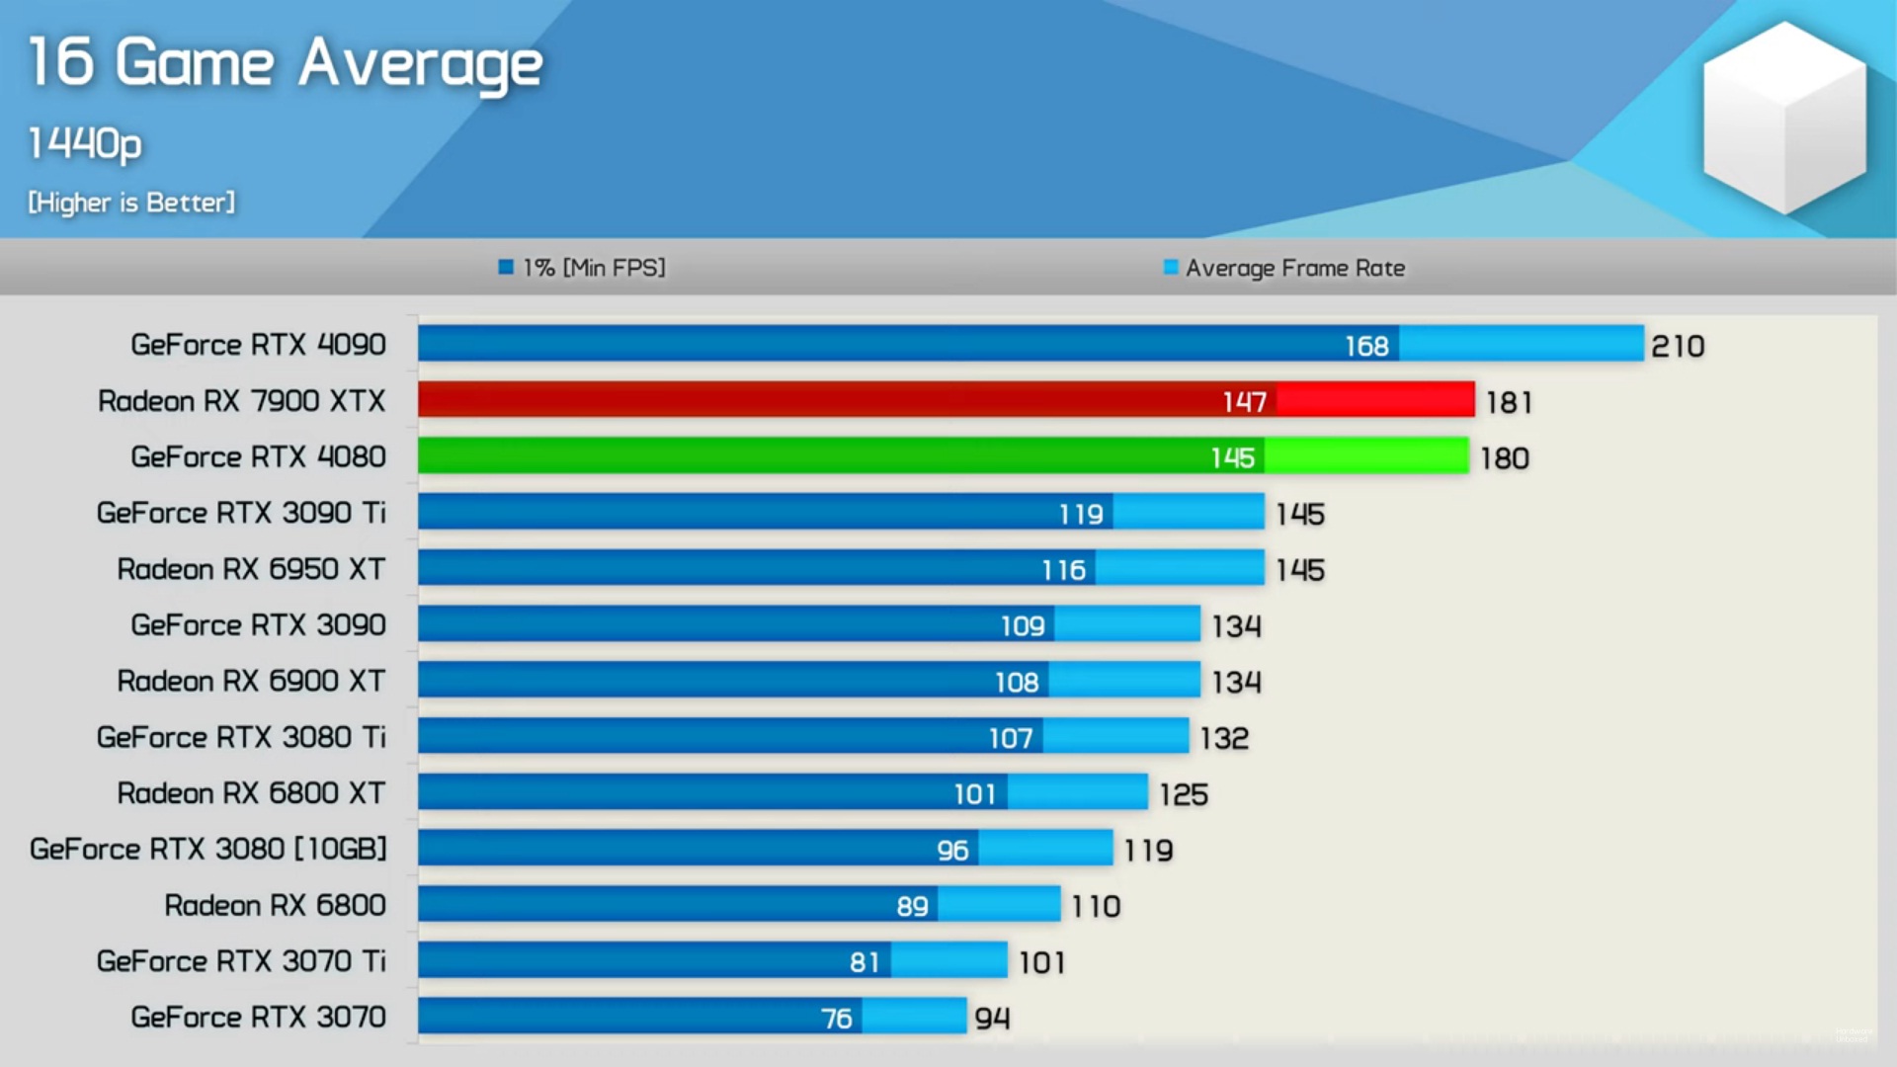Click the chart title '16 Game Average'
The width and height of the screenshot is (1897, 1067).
[x=285, y=63]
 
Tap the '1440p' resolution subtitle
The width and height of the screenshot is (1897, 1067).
[x=85, y=143]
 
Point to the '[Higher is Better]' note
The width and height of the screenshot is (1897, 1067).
[x=131, y=203]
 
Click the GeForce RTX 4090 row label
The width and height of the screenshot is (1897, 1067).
[x=258, y=345]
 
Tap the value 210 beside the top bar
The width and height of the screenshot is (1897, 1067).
[x=1678, y=346]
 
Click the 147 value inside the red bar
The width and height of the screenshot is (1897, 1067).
[x=1244, y=401]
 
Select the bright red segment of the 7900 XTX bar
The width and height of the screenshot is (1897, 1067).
[x=1375, y=400]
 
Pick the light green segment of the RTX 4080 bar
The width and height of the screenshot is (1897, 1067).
[x=1366, y=456]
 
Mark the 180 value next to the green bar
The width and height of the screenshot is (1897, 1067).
[x=1504, y=458]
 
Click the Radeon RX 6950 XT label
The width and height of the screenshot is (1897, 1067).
[x=251, y=569]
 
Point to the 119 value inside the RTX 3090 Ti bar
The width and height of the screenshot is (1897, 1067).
[x=1080, y=514]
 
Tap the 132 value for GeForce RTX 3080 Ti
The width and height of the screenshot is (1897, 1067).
[x=1224, y=738]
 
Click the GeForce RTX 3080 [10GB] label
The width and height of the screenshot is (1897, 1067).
[x=207, y=849]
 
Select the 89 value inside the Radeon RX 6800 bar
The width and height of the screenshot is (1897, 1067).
[x=912, y=906]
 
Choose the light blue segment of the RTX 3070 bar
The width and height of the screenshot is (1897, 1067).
[x=914, y=1016]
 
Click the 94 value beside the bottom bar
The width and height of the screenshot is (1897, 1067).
[x=992, y=1018]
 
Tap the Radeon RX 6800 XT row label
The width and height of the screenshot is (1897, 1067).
[x=251, y=793]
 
